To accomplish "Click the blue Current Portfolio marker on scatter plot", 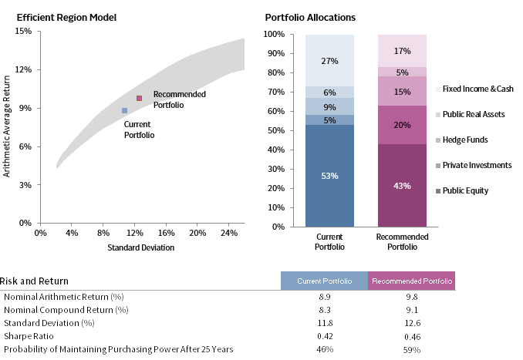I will point(124,111).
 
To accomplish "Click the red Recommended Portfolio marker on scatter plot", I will point(140,99).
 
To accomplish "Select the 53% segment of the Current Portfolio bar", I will point(329,176).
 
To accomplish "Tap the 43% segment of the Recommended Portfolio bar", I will point(402,186).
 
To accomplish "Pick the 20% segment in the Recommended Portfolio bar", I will point(402,125).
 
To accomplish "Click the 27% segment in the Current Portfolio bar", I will point(329,60).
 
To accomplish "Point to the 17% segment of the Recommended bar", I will point(402,51).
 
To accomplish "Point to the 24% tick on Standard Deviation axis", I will point(229,232).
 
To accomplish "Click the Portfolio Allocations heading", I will point(310,17).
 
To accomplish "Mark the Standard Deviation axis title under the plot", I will point(141,247).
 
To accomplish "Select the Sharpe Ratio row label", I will point(27,336).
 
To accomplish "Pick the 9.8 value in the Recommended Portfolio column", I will point(412,297).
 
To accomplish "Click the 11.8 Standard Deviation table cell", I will point(325,323).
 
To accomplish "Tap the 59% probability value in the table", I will point(412,349).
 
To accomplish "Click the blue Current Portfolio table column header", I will point(324,281).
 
